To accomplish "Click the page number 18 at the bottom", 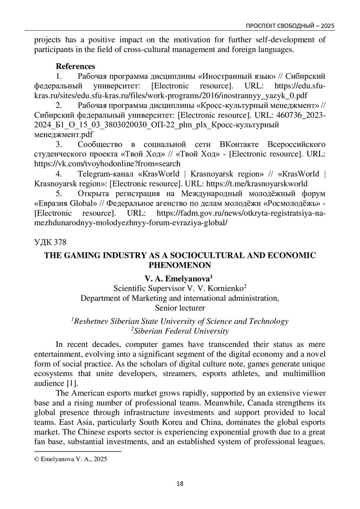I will [x=180, y=483].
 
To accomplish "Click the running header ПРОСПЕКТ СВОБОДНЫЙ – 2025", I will [x=287, y=25].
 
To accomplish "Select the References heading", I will [x=76, y=66].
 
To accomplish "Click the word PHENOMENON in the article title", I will [x=180, y=265].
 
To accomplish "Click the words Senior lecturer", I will [x=180, y=308].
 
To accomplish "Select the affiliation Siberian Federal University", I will [x=181, y=331].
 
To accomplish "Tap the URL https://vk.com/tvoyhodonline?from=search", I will [x=107, y=164].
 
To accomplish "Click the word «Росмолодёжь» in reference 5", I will [x=294, y=203].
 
